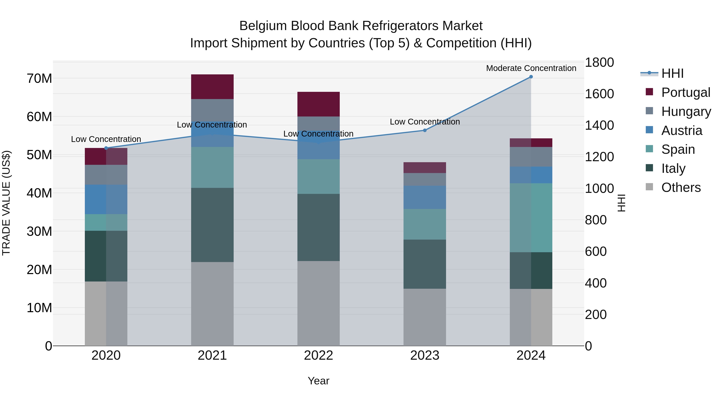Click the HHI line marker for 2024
click(x=531, y=77)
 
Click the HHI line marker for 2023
click(x=425, y=130)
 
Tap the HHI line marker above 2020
click(x=106, y=148)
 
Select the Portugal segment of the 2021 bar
click(x=212, y=87)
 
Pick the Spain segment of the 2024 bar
click(x=531, y=218)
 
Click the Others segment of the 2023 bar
click(x=425, y=317)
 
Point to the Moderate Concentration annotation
click(x=531, y=68)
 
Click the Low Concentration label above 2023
click(x=425, y=122)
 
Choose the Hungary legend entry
click(x=686, y=111)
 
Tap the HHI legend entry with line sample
click(x=672, y=73)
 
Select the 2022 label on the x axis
click(x=318, y=355)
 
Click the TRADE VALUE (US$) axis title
click(x=6, y=203)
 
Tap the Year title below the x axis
click(x=318, y=381)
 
